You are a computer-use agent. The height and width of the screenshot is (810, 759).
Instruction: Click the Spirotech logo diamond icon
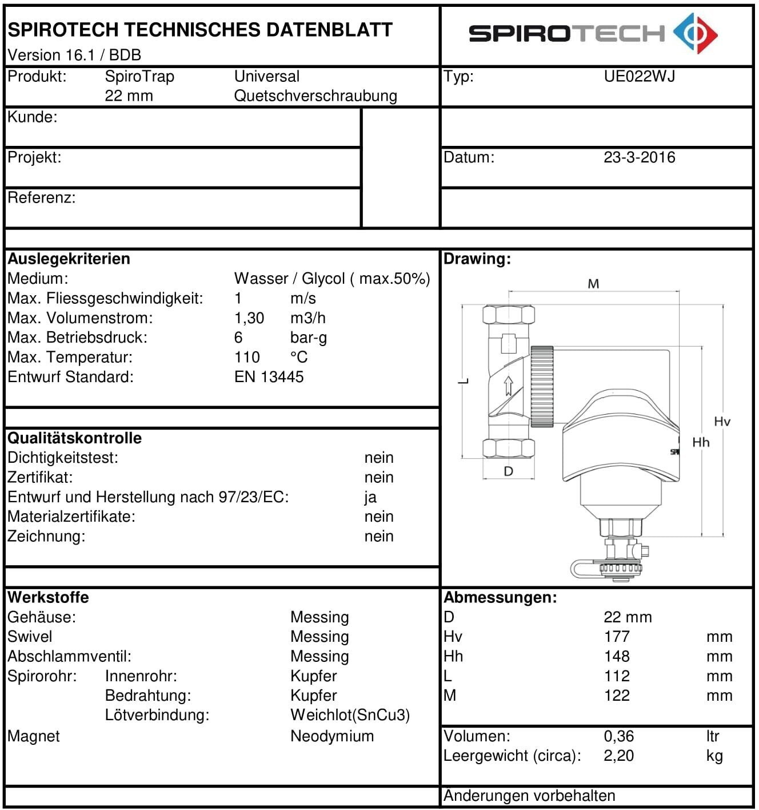695,33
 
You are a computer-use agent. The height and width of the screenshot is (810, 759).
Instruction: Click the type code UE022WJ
639,76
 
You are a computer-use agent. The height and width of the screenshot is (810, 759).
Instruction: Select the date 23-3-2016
639,157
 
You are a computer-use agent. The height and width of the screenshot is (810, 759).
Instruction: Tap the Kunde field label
33,117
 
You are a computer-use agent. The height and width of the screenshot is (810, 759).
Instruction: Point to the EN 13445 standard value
269,377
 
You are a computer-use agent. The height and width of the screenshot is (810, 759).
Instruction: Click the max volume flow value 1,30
249,318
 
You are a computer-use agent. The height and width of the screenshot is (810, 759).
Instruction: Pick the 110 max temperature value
247,358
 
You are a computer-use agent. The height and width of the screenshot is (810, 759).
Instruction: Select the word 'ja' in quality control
370,497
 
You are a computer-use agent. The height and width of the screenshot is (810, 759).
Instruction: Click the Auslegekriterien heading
69,259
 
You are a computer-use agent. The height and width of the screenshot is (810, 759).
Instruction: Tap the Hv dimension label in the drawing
722,422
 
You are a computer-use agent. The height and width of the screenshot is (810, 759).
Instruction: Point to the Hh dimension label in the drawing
701,442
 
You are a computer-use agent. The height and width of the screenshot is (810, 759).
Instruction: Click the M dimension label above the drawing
593,284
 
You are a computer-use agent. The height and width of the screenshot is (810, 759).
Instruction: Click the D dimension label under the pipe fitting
508,471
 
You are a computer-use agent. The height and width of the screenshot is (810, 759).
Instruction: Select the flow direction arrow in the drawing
508,386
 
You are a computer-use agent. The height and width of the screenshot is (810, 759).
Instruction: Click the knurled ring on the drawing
542,387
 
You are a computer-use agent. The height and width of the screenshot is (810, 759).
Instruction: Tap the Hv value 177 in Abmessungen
617,637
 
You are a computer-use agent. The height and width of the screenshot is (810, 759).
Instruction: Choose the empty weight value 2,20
618,756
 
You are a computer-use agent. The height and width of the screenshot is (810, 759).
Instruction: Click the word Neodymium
332,736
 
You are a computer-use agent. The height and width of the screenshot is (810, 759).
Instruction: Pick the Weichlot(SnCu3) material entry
350,715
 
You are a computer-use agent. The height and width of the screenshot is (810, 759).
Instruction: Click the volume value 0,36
618,736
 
